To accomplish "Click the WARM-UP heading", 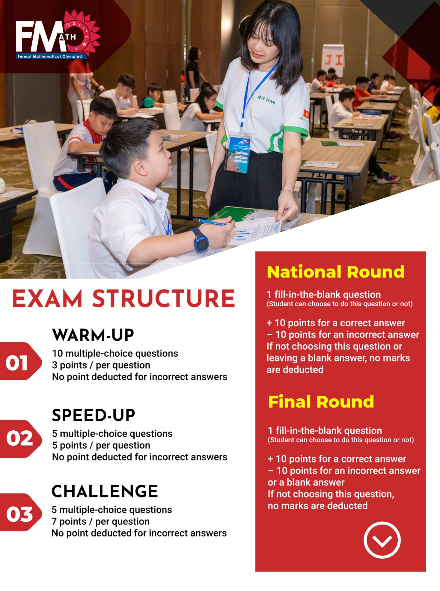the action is pos(93,335).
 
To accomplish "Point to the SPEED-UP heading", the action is pos(93,415).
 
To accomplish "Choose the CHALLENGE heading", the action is pos(104,491).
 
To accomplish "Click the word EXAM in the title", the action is pos(47,298).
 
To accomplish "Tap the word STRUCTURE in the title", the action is pos(164,298).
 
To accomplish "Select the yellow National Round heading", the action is pos(335,272).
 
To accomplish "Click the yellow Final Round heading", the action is pos(321,402).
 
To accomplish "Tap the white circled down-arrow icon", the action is pos(382,540).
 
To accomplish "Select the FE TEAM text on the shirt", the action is pos(266,100).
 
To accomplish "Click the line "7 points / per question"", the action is pos(101,522).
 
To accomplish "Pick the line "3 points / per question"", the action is pos(101,365).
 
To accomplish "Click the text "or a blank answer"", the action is pos(306,482).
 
